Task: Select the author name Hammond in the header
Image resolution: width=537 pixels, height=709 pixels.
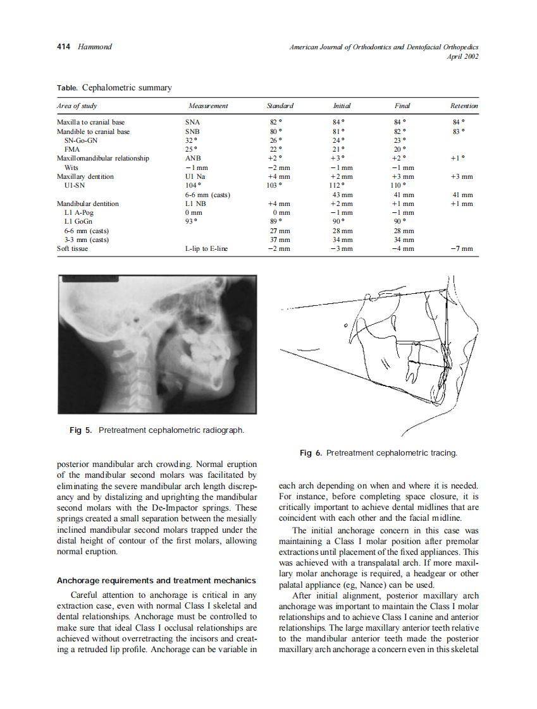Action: coord(94,47)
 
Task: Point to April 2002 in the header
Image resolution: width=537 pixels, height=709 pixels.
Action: coord(463,56)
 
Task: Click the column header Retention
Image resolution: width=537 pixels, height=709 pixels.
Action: coord(464,106)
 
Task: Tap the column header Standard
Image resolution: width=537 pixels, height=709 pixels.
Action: coord(280,106)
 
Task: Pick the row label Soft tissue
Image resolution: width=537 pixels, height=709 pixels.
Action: coord(73,248)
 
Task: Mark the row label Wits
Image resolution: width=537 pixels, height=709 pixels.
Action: coord(72,167)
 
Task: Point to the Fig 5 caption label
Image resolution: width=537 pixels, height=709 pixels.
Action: coord(81,430)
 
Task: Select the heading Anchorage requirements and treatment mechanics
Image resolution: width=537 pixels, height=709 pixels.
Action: coord(156,580)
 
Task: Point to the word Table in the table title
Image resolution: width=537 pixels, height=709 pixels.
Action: coord(66,88)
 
